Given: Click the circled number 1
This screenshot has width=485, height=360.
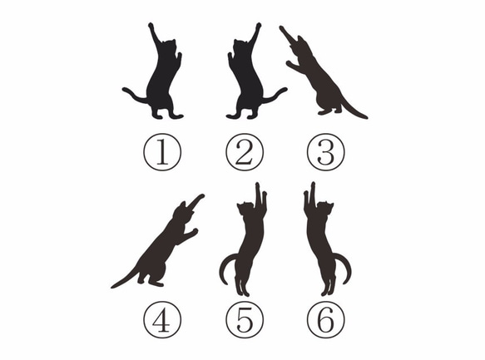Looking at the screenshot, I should point(161,153).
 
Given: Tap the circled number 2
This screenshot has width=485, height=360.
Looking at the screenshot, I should point(244,153).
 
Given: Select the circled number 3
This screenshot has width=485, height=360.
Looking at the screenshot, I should point(325,153).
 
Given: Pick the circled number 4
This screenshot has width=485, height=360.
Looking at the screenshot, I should point(161,319).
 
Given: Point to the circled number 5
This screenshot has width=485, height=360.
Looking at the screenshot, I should point(244,319).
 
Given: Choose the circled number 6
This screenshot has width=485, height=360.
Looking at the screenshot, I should point(325,319).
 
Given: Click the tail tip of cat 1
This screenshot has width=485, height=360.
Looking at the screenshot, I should point(125,89).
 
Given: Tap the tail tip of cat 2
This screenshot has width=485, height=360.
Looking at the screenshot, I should point(285,89).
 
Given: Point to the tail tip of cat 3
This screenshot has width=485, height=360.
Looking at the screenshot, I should point(365,116).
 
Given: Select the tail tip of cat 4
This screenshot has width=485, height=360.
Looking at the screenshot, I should point(114,286).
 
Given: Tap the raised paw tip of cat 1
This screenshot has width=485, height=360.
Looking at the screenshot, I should point(151,25).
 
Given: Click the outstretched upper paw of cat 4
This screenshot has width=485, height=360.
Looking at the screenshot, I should point(201,197).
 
